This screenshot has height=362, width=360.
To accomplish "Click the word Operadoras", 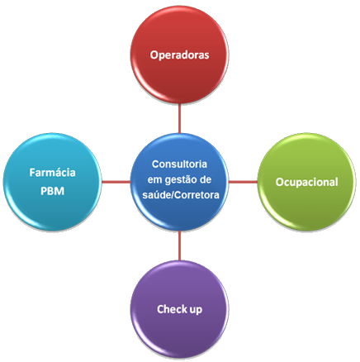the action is coord(179,55).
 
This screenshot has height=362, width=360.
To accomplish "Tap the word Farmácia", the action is coord(52,173).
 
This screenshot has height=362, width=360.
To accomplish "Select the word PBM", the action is coord(52,191).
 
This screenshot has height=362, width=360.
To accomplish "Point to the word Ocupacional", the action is coord(306,183).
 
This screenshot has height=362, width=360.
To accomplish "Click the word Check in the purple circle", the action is coord(171,309).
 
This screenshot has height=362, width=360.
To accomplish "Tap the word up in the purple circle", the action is coord(195,310).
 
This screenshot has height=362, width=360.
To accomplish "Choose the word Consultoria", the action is coord(179,164).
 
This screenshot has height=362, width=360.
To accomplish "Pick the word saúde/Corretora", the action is coord(181,195).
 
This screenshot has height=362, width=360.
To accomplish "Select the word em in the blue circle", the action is coord(154,180).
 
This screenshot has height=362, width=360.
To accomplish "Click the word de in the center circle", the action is coord(206,179).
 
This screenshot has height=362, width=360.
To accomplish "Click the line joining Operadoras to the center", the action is coord(179,118).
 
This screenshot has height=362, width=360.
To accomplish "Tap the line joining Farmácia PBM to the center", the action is coord(116,182).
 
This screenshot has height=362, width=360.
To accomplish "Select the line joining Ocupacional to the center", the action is coord(243,182).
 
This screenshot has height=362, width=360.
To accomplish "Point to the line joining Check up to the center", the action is coord(179,245).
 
